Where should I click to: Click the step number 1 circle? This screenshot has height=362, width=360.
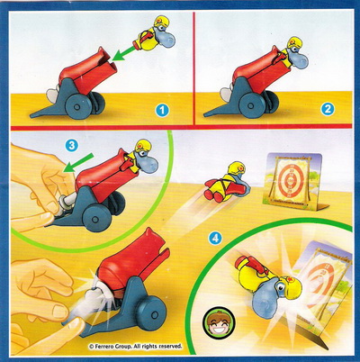coord(162,110)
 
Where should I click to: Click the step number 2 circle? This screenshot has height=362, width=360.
coord(328,109)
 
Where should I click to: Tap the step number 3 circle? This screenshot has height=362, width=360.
coord(72,145)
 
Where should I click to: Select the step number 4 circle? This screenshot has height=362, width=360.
coord(215,239)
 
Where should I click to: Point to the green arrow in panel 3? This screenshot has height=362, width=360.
coord(77,163)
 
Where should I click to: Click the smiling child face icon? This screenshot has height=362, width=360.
coord(219,321)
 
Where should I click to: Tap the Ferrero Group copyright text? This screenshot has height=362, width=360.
coord(136,346)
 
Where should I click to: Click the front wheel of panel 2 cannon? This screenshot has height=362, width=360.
coord(251,106)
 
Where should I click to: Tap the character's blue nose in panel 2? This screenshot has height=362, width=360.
coord(299,61)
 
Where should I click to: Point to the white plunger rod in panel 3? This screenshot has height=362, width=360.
coord(67,202)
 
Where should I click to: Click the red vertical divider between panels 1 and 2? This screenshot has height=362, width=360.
coord(194,68)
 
